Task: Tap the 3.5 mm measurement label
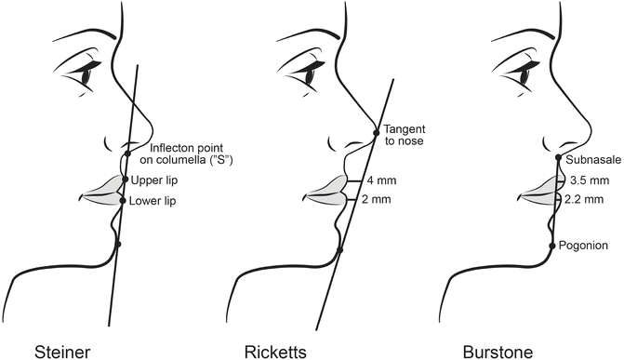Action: [x=589, y=180]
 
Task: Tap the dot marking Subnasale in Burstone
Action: [x=557, y=158]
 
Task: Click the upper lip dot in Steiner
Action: [x=125, y=180]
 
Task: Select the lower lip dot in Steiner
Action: [x=123, y=199]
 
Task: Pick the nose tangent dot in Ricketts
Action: [x=377, y=129]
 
